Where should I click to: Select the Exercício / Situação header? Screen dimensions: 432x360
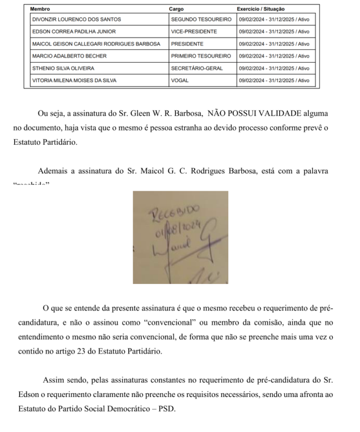click(x=261, y=9)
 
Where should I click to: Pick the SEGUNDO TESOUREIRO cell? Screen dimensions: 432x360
click(x=201, y=19)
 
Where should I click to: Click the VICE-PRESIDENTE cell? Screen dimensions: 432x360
click(x=194, y=31)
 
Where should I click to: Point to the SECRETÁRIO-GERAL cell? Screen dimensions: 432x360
click(x=197, y=69)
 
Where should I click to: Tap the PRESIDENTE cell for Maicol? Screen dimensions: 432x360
click(x=187, y=44)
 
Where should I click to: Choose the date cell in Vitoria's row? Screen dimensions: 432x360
click(x=274, y=80)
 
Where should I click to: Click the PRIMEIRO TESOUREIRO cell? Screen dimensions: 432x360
click(x=201, y=56)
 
